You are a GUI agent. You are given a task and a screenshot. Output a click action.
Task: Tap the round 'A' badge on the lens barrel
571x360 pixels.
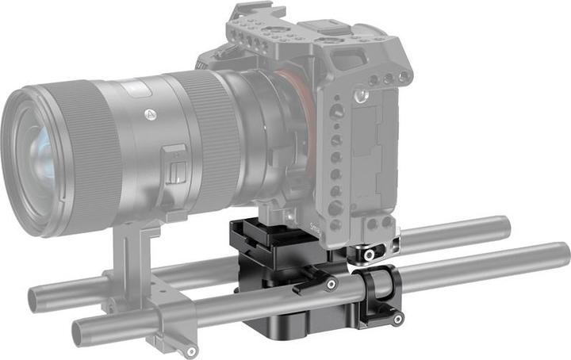[x=149, y=113]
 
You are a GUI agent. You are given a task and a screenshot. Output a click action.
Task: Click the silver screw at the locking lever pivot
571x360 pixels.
[x=331, y=283]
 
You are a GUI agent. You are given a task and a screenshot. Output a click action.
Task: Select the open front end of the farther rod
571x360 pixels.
[x=35, y=301]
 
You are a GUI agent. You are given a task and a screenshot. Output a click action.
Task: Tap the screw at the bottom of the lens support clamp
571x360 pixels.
[x=191, y=350]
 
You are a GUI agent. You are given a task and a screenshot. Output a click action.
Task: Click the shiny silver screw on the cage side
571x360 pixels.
[x=362, y=97]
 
